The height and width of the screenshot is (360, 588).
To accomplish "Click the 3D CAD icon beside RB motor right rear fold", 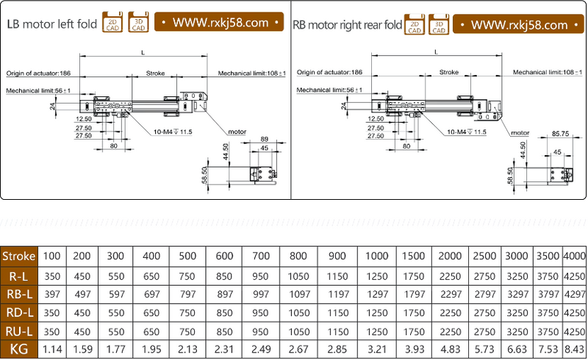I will (439, 24).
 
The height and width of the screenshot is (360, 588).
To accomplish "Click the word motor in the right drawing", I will (520, 132).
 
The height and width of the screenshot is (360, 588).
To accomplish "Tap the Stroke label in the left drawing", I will (155, 73).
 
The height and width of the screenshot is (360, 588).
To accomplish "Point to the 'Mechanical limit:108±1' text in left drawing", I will (252, 73).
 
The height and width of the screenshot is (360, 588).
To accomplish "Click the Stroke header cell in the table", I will (18, 256).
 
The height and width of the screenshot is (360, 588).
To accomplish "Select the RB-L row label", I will (18, 294).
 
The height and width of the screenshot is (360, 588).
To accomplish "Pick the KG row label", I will (18, 349).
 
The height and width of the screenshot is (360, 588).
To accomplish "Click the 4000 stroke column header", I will (574, 256).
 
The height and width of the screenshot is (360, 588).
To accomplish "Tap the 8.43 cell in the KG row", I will (574, 349).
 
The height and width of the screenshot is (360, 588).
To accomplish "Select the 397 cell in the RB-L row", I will (51, 294).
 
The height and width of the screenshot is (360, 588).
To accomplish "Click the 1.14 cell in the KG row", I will (51, 349).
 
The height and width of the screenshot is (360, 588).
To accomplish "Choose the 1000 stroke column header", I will (376, 256).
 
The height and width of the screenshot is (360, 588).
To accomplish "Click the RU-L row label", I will (18, 331).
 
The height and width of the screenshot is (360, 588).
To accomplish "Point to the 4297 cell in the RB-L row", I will (574, 294).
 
